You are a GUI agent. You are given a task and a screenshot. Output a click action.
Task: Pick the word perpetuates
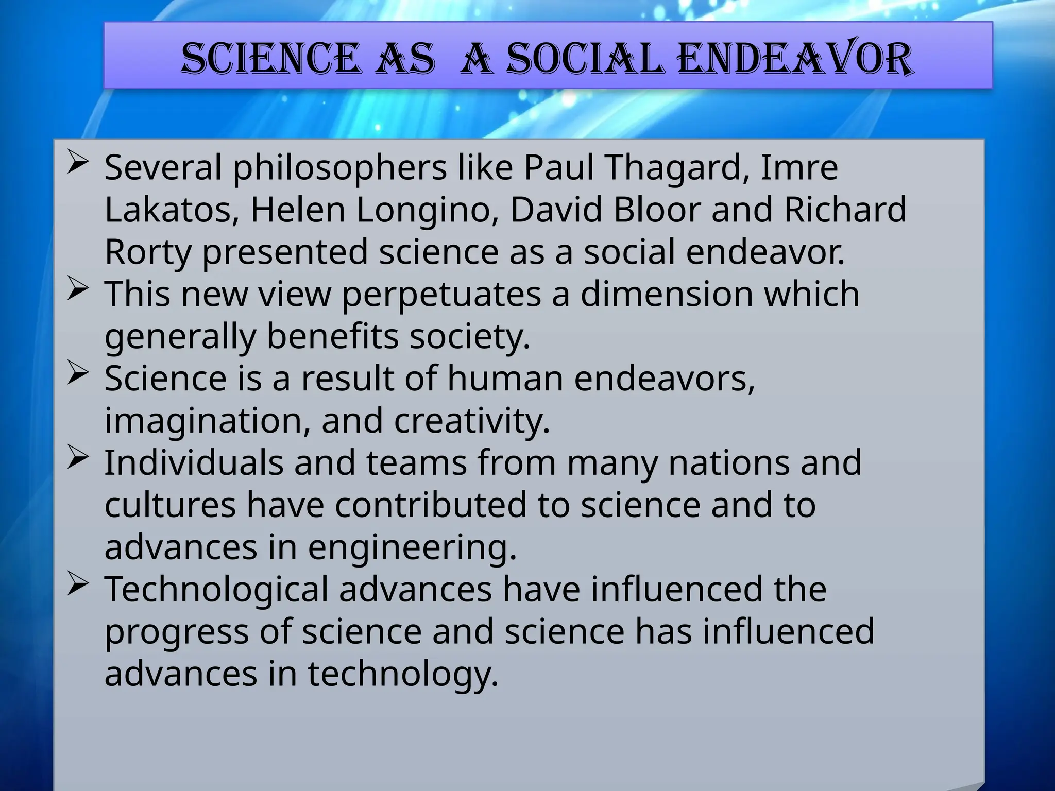click(x=441, y=295)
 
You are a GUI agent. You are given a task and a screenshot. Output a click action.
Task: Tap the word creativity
click(x=472, y=421)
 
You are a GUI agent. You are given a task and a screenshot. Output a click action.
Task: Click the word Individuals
click(x=194, y=462)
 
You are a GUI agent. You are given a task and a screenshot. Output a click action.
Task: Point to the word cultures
click(x=170, y=505)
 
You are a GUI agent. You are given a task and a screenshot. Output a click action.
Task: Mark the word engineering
click(x=412, y=547)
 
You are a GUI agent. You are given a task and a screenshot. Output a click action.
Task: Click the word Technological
click(x=216, y=589)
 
